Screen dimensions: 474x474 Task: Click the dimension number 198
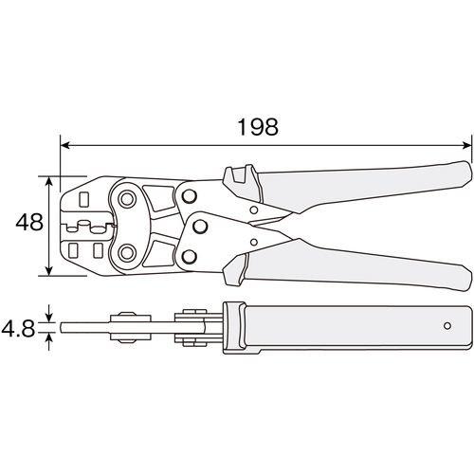(258, 127)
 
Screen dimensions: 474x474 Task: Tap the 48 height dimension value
(29, 222)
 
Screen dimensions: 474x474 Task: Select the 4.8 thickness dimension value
(18, 328)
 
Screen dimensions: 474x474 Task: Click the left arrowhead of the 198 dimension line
(64, 145)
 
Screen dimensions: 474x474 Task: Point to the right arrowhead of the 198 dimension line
(466, 145)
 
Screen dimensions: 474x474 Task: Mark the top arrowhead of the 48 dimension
(48, 181)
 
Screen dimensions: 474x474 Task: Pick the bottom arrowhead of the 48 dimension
(48, 270)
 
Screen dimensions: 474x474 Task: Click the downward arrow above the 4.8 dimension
(48, 314)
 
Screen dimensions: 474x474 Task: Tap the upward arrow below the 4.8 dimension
(48, 341)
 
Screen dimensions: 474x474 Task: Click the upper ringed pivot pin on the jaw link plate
(127, 199)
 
